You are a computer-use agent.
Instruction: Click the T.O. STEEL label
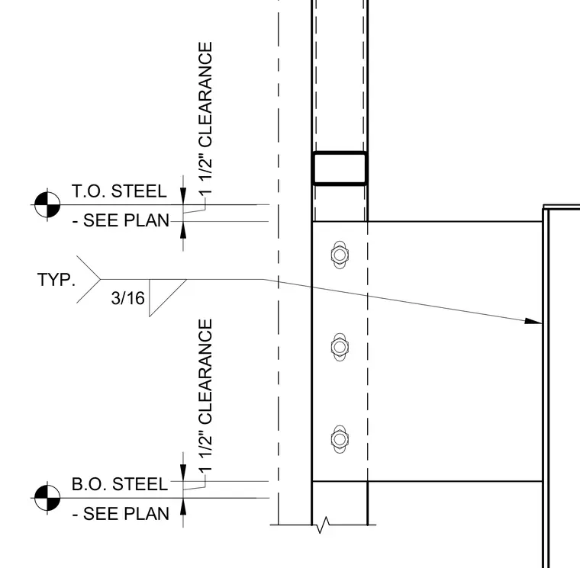point(119,191)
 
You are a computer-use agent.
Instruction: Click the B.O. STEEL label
point(120,484)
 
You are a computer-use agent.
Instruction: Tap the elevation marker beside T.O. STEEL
point(47,204)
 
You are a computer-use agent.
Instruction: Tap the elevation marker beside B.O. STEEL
point(47,498)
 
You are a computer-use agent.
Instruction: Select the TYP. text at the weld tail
point(56,280)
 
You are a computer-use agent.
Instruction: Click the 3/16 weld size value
point(127,298)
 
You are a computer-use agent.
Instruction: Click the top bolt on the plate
point(340,255)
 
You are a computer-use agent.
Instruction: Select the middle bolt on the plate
point(340,347)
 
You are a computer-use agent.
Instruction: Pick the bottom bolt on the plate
point(340,439)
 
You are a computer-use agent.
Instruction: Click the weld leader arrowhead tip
point(542,323)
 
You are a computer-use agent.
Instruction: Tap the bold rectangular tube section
point(340,168)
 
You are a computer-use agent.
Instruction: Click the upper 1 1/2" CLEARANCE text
point(205,118)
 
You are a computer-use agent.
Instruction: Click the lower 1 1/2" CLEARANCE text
point(205,396)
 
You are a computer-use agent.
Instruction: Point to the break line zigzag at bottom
point(322,525)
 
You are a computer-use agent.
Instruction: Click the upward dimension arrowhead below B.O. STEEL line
point(183,506)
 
